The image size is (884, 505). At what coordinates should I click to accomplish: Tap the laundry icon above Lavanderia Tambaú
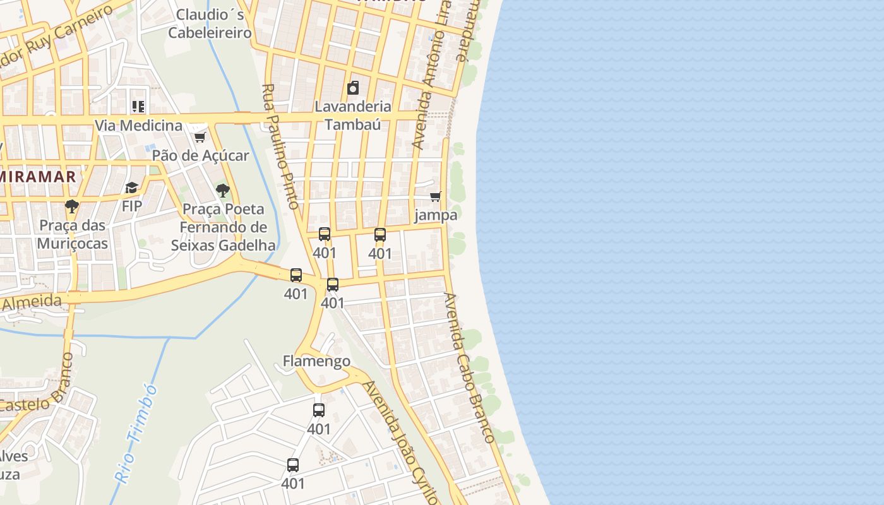tap(353, 88)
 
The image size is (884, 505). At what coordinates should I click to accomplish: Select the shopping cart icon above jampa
tap(435, 197)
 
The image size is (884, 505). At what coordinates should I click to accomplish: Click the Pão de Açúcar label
tap(201, 155)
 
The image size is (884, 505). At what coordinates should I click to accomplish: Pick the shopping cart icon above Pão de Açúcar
tap(200, 137)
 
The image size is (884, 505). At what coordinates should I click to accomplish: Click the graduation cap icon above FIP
tap(131, 187)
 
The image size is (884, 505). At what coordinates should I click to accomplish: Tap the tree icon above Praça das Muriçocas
tap(71, 206)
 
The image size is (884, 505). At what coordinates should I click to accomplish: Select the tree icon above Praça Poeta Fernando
tap(222, 190)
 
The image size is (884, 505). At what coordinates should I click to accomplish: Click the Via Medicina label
tap(138, 125)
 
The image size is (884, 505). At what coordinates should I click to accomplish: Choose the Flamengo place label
tap(316, 361)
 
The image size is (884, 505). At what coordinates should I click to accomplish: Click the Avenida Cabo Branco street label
tap(469, 367)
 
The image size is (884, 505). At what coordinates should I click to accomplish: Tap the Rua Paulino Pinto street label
tap(280, 146)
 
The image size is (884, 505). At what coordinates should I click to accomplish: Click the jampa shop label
tap(436, 215)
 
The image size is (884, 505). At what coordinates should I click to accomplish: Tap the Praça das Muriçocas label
tap(72, 234)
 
